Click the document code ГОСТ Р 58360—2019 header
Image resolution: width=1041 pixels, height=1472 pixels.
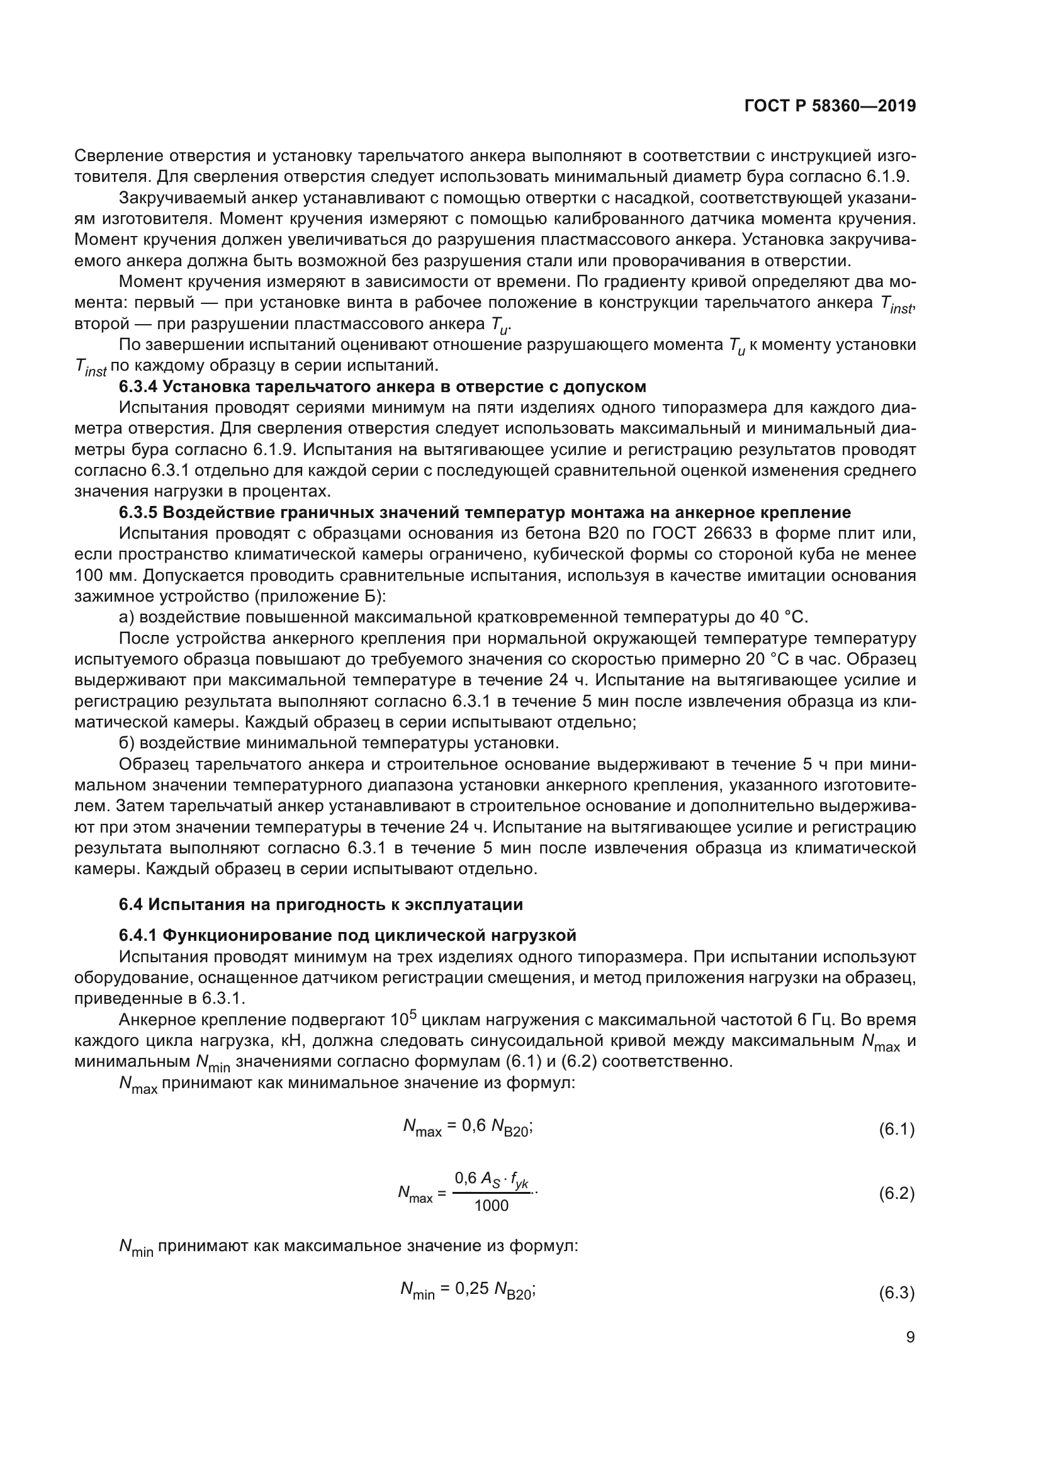pyautogui.click(x=830, y=106)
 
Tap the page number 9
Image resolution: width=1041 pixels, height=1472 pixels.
pyautogui.click(x=910, y=1337)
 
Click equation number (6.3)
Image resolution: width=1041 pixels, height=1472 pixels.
pyautogui.click(x=896, y=1293)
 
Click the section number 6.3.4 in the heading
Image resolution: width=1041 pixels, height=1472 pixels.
pyautogui.click(x=137, y=386)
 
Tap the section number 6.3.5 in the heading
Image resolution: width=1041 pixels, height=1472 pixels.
pyautogui.click(x=137, y=512)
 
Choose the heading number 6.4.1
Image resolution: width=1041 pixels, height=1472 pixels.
pyautogui.click(x=137, y=935)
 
